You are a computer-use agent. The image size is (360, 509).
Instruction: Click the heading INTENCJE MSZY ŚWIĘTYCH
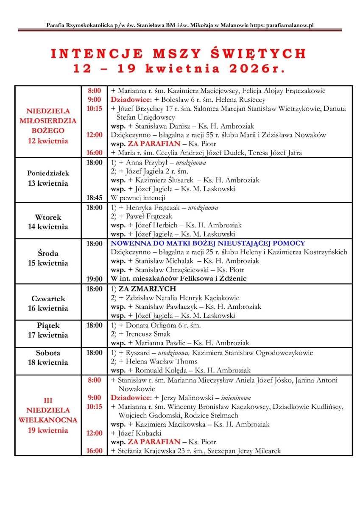pyautogui.click(x=179, y=54)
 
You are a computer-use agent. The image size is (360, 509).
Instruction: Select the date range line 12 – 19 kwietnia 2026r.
pyautogui.click(x=179, y=68)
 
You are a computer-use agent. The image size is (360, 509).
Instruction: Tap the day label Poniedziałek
pyautogui.click(x=48, y=173)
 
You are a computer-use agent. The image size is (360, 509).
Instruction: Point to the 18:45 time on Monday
pyautogui.click(x=95, y=198)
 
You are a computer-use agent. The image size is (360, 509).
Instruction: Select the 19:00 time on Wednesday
pyautogui.click(x=95, y=279)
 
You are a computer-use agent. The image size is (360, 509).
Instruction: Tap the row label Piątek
pyautogui.click(x=48, y=326)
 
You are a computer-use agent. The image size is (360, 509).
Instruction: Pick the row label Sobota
pyautogui.click(x=48, y=353)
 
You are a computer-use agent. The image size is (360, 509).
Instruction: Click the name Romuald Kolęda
pyautogui.click(x=159, y=370)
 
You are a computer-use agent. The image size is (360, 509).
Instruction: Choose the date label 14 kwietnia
pyautogui.click(x=48, y=227)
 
